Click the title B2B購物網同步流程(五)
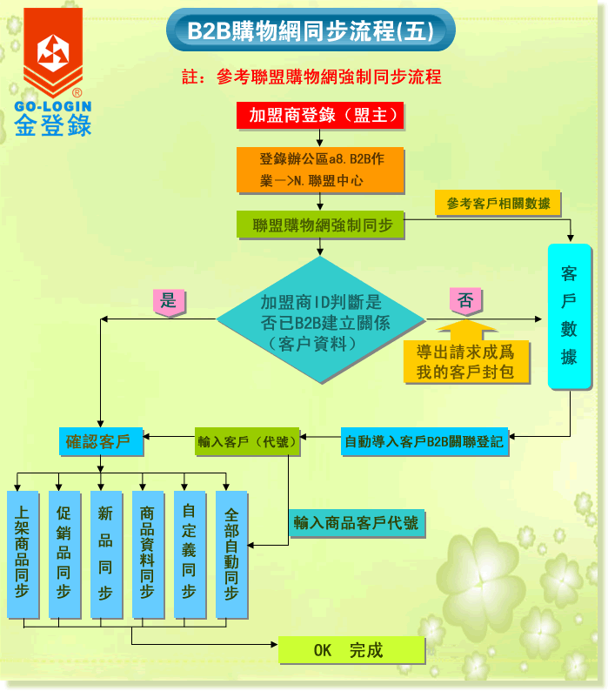(311, 31)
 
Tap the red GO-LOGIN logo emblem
(52, 54)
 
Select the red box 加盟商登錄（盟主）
(320, 116)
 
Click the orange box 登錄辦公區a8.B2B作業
(320, 170)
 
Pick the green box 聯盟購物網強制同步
(322, 225)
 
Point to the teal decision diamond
(321, 320)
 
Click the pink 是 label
(169, 302)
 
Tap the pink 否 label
(465, 302)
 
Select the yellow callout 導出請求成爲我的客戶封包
(466, 361)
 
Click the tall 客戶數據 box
(570, 316)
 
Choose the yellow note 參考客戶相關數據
(498, 204)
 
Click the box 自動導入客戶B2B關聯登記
(424, 441)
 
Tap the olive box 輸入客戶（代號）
(247, 441)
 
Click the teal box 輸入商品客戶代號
(356, 523)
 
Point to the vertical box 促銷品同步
(63, 554)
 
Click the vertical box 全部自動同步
(231, 554)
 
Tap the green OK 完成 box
(351, 650)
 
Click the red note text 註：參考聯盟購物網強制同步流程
(311, 77)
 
